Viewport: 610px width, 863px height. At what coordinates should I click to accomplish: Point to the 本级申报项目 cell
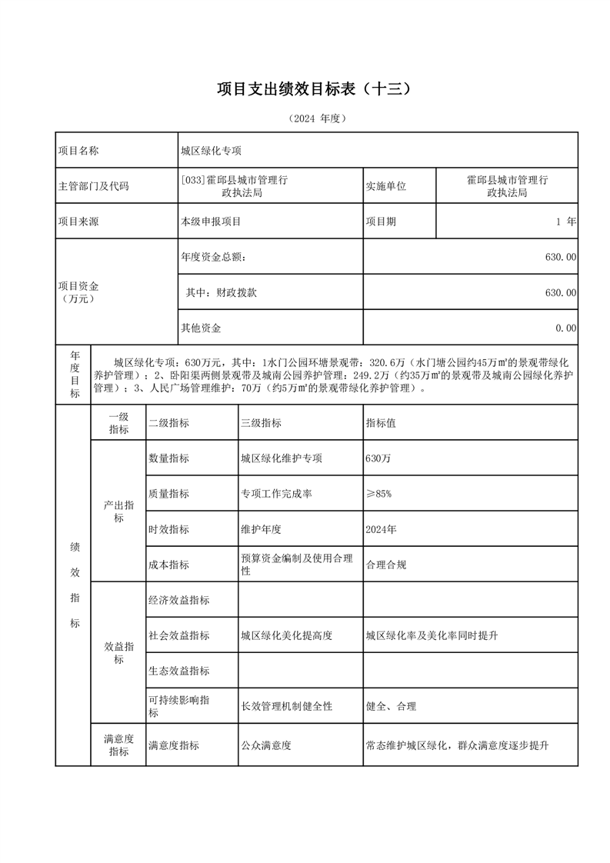(x=211, y=222)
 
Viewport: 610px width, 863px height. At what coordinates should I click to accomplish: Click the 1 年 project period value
(x=565, y=222)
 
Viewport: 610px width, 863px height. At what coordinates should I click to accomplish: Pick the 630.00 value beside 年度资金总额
(x=560, y=257)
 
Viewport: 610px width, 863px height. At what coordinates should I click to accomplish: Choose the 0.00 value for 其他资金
(x=565, y=328)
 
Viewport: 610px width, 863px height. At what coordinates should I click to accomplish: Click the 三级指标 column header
(x=261, y=423)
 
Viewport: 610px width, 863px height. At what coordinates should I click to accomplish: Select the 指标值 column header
(x=381, y=423)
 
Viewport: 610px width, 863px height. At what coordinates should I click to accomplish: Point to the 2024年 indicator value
(x=382, y=529)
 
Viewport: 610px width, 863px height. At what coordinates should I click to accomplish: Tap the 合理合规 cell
(x=386, y=565)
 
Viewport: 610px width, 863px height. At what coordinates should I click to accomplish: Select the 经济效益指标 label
(x=178, y=600)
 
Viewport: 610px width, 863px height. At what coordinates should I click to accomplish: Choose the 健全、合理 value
(x=391, y=706)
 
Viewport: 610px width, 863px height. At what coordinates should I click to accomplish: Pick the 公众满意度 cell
(x=266, y=745)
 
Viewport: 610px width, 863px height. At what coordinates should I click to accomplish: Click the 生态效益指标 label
(x=178, y=671)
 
